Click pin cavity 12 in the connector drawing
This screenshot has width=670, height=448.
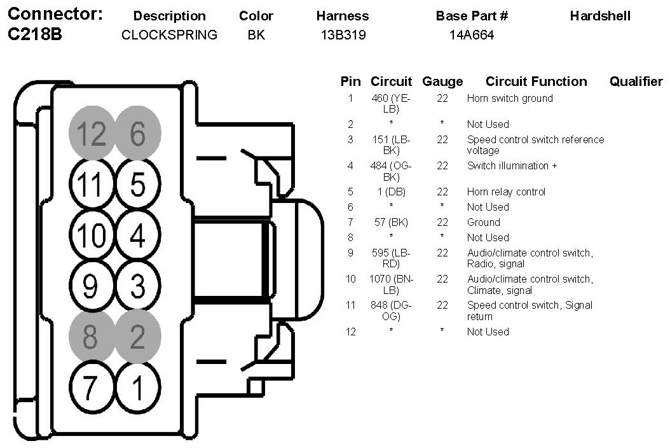(x=91, y=134)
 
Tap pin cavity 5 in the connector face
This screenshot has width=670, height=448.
(x=138, y=185)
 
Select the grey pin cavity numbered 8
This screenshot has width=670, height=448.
(x=90, y=337)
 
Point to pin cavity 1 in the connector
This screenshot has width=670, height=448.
(x=138, y=386)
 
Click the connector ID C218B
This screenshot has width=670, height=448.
(x=35, y=35)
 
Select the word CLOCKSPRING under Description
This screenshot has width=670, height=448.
(x=169, y=35)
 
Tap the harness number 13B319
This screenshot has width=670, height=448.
(x=343, y=35)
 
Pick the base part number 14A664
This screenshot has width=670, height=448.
(x=472, y=35)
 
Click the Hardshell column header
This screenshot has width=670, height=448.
(x=600, y=16)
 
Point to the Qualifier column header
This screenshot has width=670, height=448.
(x=636, y=81)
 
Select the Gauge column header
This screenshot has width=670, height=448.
(x=442, y=81)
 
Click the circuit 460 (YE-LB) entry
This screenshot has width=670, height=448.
(x=391, y=104)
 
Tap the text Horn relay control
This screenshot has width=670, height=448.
(x=506, y=192)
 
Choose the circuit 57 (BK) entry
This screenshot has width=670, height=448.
(x=391, y=222)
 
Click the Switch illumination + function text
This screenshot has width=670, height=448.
(x=512, y=165)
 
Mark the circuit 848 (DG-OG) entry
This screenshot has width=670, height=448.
(x=391, y=311)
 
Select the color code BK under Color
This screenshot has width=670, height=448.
(x=256, y=35)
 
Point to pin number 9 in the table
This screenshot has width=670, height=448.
(x=350, y=253)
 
